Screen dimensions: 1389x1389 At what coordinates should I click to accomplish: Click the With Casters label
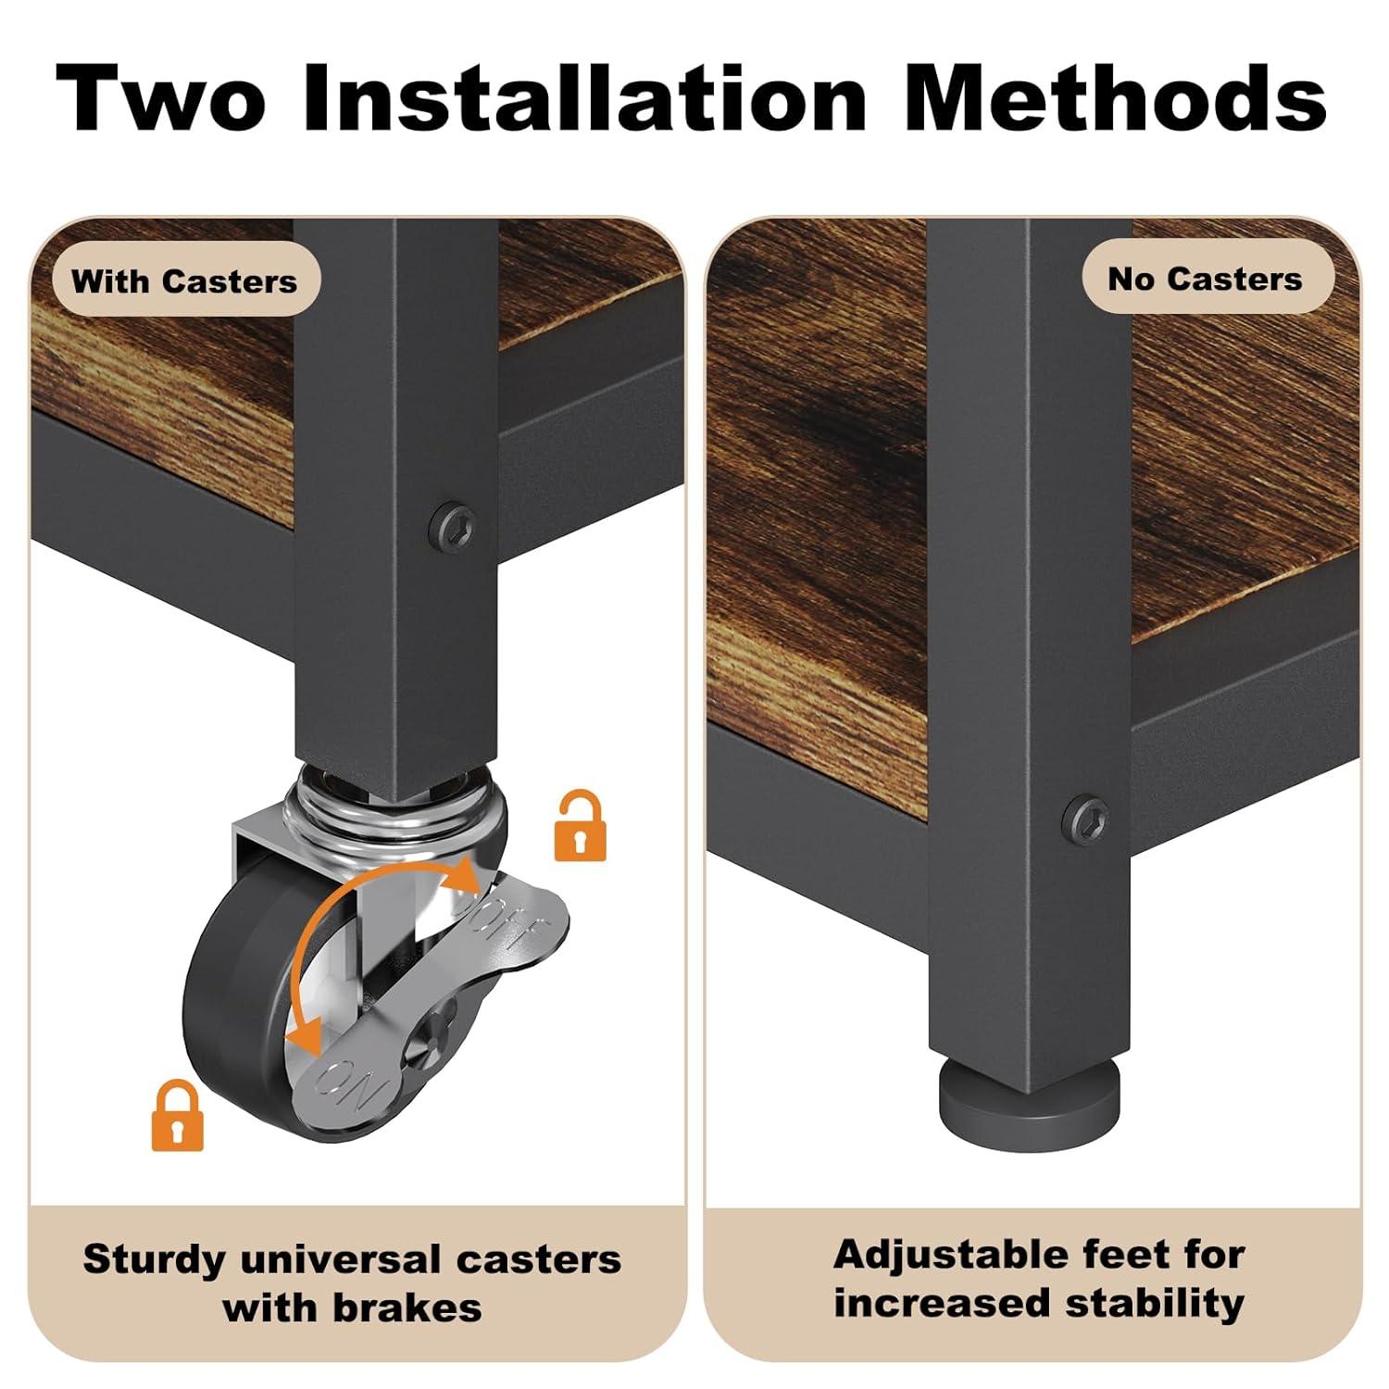coord(184,281)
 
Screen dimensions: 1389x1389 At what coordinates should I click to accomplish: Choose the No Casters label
coord(1205,279)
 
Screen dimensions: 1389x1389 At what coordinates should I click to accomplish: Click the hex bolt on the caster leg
coord(455,525)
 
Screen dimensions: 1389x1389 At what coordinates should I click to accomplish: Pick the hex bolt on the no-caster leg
coord(1085,818)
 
